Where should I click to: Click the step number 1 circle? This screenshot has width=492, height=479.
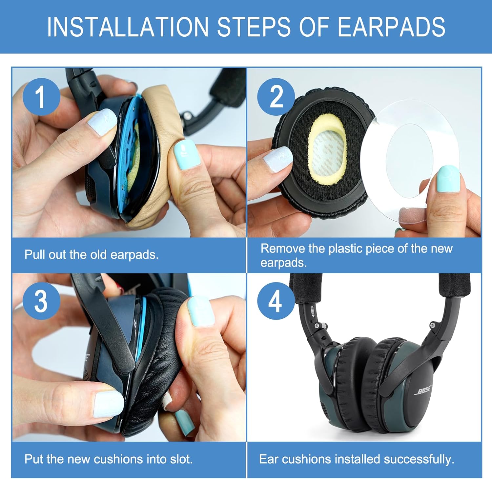41,97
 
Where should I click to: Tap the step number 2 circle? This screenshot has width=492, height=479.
276,97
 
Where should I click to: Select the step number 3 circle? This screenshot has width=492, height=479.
41,301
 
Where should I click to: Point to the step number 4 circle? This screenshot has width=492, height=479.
276,301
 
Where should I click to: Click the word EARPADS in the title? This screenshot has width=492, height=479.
391,27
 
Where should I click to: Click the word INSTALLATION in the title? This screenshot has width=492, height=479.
128,27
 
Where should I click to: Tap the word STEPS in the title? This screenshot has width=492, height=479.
254,27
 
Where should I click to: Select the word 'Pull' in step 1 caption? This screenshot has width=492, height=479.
35,254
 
